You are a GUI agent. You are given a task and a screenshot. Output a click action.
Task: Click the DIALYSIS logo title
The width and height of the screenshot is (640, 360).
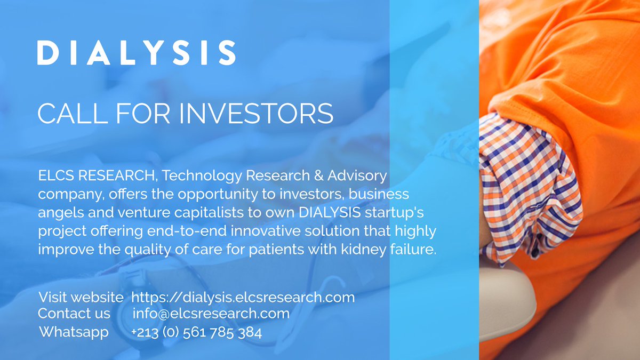click(x=136, y=53)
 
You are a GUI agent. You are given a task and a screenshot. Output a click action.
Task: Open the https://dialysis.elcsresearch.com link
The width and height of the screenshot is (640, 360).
click(x=243, y=298)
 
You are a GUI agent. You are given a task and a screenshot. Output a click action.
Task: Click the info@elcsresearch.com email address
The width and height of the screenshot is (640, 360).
click(x=211, y=314)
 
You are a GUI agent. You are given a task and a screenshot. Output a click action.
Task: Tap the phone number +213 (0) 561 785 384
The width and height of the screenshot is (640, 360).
click(x=197, y=333)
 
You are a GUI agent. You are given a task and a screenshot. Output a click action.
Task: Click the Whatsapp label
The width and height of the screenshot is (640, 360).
click(x=74, y=332)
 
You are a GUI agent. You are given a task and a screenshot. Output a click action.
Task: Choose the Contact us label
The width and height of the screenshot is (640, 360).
click(x=74, y=314)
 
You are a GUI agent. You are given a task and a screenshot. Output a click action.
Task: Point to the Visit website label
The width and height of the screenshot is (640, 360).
click(x=81, y=298)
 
